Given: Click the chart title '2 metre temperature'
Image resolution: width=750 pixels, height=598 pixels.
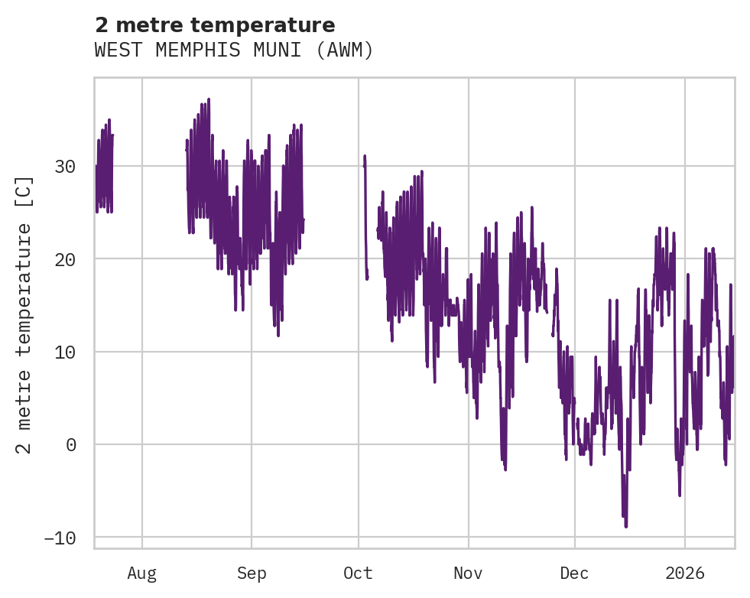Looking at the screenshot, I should (x=214, y=24).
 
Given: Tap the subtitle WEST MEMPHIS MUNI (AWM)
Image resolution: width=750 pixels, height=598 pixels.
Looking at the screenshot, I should (x=234, y=50).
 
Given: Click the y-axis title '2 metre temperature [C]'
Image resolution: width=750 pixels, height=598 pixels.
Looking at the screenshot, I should (x=24, y=315).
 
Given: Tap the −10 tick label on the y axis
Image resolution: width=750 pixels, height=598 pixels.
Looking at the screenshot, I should (x=60, y=538).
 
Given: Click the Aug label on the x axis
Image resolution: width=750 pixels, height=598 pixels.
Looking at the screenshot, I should (x=142, y=573).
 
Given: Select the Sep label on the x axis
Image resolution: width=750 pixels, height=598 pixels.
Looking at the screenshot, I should (x=251, y=573).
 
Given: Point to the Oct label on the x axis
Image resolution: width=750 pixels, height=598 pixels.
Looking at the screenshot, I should (x=358, y=573).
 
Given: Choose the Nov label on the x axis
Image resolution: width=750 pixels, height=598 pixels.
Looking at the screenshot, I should (x=468, y=573).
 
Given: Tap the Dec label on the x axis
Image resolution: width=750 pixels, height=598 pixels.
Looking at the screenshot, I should (x=575, y=573).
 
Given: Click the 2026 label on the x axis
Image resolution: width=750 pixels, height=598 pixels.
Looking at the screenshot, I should (x=684, y=573).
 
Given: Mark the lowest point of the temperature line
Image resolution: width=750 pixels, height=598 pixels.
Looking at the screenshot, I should (x=625, y=527).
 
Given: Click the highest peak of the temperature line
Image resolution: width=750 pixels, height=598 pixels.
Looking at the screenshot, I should (x=208, y=99).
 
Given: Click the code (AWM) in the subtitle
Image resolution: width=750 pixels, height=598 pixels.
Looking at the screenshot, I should (x=348, y=50).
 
